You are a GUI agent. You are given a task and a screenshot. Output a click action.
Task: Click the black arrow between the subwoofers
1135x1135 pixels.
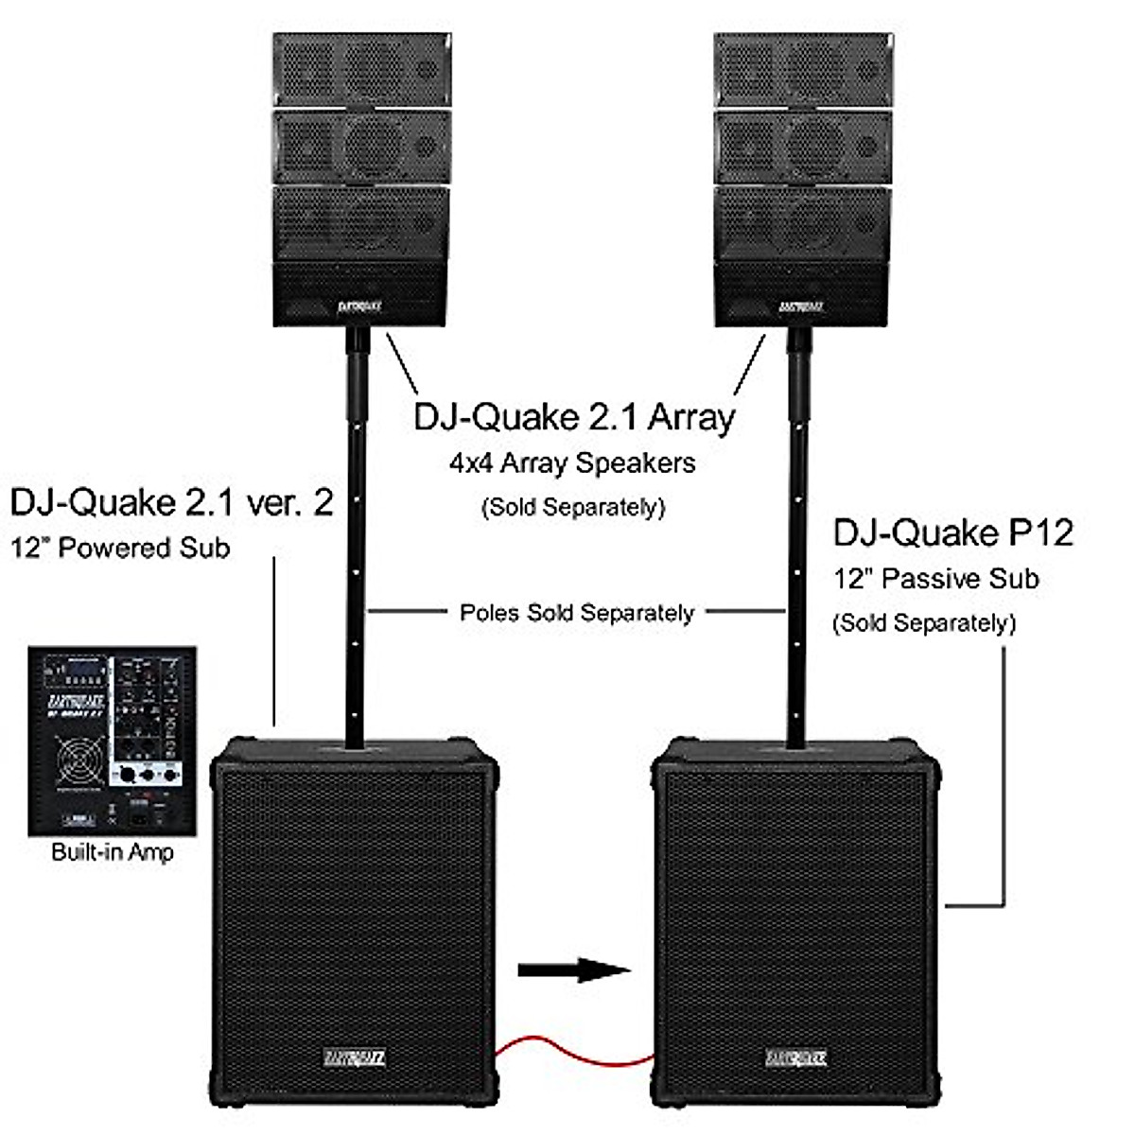573,969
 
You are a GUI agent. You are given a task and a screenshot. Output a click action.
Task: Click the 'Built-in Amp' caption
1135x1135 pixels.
113,852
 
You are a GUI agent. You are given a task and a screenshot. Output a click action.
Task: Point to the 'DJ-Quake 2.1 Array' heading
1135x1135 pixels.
574,417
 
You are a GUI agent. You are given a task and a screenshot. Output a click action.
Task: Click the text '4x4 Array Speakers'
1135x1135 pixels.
572,463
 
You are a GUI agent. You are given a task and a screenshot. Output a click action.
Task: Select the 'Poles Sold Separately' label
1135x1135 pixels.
577,613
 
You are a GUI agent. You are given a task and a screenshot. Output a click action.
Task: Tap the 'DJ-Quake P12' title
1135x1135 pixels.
952,533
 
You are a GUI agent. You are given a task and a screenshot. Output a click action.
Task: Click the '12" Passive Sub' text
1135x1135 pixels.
935,579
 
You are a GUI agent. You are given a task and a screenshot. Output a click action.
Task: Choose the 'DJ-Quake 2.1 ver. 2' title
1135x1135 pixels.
171,502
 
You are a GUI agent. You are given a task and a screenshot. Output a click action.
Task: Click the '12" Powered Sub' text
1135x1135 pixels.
120,549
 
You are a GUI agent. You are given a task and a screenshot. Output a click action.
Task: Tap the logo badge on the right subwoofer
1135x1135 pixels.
796,1057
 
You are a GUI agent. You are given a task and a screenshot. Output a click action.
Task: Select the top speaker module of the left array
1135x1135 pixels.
361,69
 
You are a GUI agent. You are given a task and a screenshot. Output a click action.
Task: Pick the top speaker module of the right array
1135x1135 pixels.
802,69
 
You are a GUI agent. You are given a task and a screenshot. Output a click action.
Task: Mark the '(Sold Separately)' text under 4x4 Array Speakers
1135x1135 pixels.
573,508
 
